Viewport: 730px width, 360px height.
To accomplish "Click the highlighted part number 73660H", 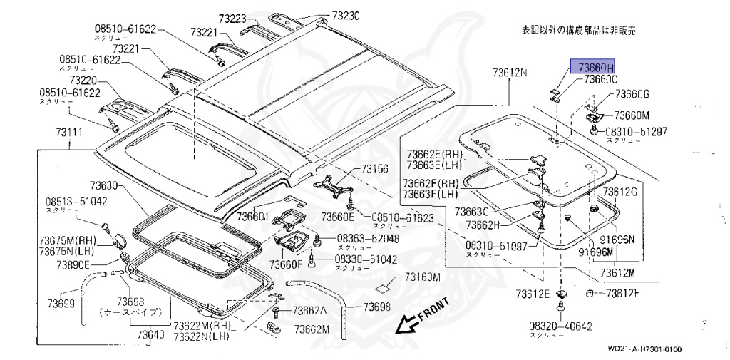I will click(x=592, y=67).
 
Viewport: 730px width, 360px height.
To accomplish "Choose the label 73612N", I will click(x=509, y=73).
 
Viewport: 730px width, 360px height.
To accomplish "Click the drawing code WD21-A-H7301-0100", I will click(x=644, y=349).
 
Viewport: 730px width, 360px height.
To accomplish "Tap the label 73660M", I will click(x=633, y=114).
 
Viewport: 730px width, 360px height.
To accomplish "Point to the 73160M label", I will click(x=423, y=277).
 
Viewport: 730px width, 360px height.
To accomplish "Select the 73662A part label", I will click(x=309, y=310).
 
